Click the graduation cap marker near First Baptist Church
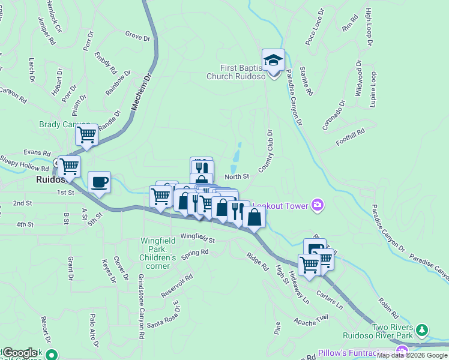click(x=274, y=60)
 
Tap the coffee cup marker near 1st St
click(x=100, y=182)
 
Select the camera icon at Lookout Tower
click(x=317, y=205)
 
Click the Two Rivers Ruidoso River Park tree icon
click(x=423, y=330)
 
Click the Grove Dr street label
click(x=137, y=37)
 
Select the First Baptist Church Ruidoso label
click(x=236, y=72)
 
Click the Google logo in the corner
click(x=20, y=353)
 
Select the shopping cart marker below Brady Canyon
click(x=87, y=135)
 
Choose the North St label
click(x=237, y=176)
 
